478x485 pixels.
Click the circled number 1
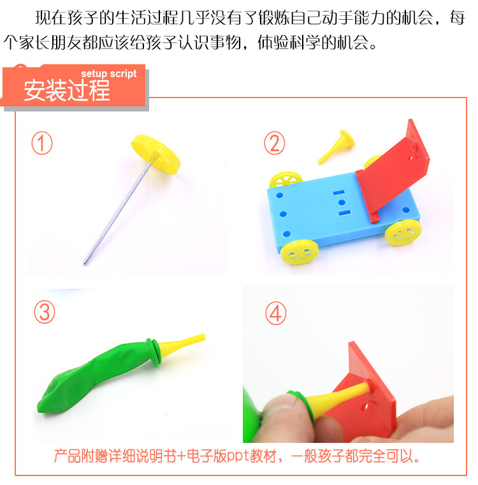pyautogui.click(x=42, y=143)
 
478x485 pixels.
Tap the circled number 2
pyautogui.click(x=275, y=143)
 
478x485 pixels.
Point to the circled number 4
pyautogui.click(x=277, y=313)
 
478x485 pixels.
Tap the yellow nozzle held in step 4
pyautogui.click(x=331, y=399)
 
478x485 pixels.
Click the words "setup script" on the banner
pyautogui.click(x=109, y=74)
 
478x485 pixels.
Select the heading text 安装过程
pyautogui.click(x=67, y=91)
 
